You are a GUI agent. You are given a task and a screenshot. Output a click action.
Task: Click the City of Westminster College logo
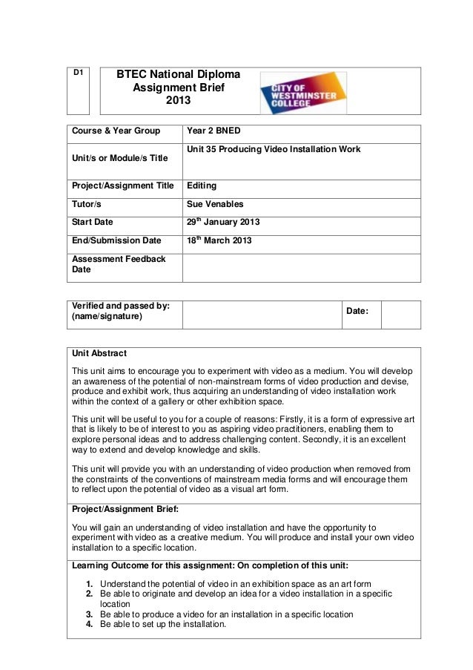[302, 93]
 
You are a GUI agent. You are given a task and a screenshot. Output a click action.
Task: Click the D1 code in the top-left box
[77, 73]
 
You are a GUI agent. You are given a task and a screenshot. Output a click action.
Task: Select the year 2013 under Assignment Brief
[177, 101]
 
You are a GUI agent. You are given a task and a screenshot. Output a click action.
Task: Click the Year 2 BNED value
[214, 131]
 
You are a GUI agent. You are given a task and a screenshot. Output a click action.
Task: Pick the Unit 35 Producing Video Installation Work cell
[274, 149]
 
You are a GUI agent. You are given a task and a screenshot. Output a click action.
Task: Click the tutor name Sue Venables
[215, 203]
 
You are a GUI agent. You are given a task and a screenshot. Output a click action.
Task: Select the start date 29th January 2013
[222, 222]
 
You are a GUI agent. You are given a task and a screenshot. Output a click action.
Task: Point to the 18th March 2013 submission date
[219, 240]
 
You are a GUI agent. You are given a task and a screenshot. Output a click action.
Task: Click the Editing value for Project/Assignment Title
[202, 185]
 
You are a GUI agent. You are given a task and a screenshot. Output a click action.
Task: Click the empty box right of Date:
[401, 315]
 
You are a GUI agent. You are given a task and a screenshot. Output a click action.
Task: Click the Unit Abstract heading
[99, 352]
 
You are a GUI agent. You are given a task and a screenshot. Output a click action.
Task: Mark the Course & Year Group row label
[116, 131]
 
